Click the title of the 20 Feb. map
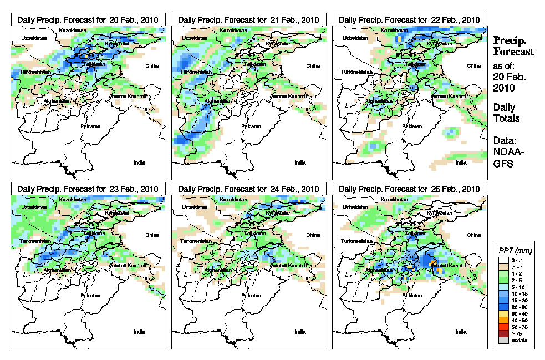pos(88,19)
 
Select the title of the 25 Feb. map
pos(409,189)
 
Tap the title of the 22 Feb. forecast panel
pos(409,19)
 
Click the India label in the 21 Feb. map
pos(300,163)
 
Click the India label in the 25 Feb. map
pos(461,332)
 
